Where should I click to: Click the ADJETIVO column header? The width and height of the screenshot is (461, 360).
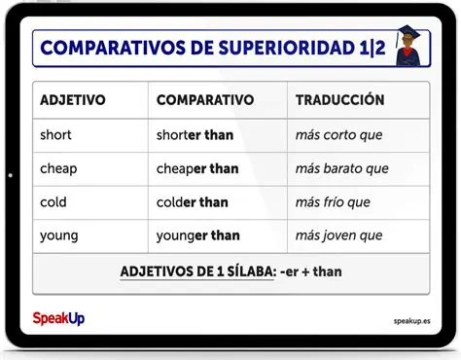73,100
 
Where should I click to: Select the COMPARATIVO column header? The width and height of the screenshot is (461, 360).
204,100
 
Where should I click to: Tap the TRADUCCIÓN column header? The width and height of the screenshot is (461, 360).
339,100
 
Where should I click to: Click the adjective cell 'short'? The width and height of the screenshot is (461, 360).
55,135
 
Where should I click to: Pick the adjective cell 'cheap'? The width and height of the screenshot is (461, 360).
58,169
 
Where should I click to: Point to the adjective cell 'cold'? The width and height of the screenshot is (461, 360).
53,202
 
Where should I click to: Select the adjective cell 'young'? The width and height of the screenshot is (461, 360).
58,235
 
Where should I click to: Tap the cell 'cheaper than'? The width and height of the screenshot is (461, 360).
197,169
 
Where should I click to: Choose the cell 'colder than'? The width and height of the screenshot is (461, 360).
193,202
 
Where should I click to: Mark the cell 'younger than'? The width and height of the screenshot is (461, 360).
197,235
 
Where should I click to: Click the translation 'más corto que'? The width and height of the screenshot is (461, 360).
339,135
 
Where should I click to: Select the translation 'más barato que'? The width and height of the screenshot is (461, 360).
341,169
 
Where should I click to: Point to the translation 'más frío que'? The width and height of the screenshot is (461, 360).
333,202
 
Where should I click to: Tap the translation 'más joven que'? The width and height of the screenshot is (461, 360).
337,235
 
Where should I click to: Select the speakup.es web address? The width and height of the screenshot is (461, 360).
412,319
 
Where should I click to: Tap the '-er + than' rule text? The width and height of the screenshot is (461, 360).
310,271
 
